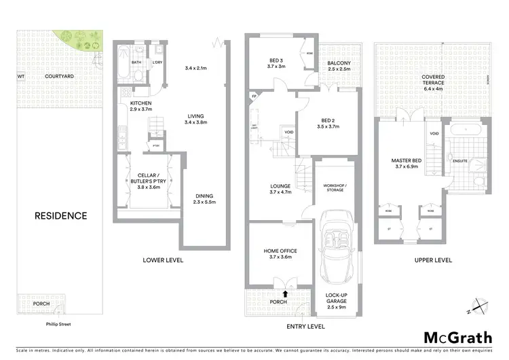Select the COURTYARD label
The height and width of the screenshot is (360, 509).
(59, 77)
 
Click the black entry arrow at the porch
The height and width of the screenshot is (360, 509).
(285, 294)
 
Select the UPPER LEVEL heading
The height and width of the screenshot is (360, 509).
(433, 260)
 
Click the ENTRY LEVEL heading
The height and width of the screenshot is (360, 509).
(307, 327)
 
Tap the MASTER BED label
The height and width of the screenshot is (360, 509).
(407, 161)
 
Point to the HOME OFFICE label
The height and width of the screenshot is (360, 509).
(280, 251)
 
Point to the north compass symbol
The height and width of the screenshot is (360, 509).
(479, 307)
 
